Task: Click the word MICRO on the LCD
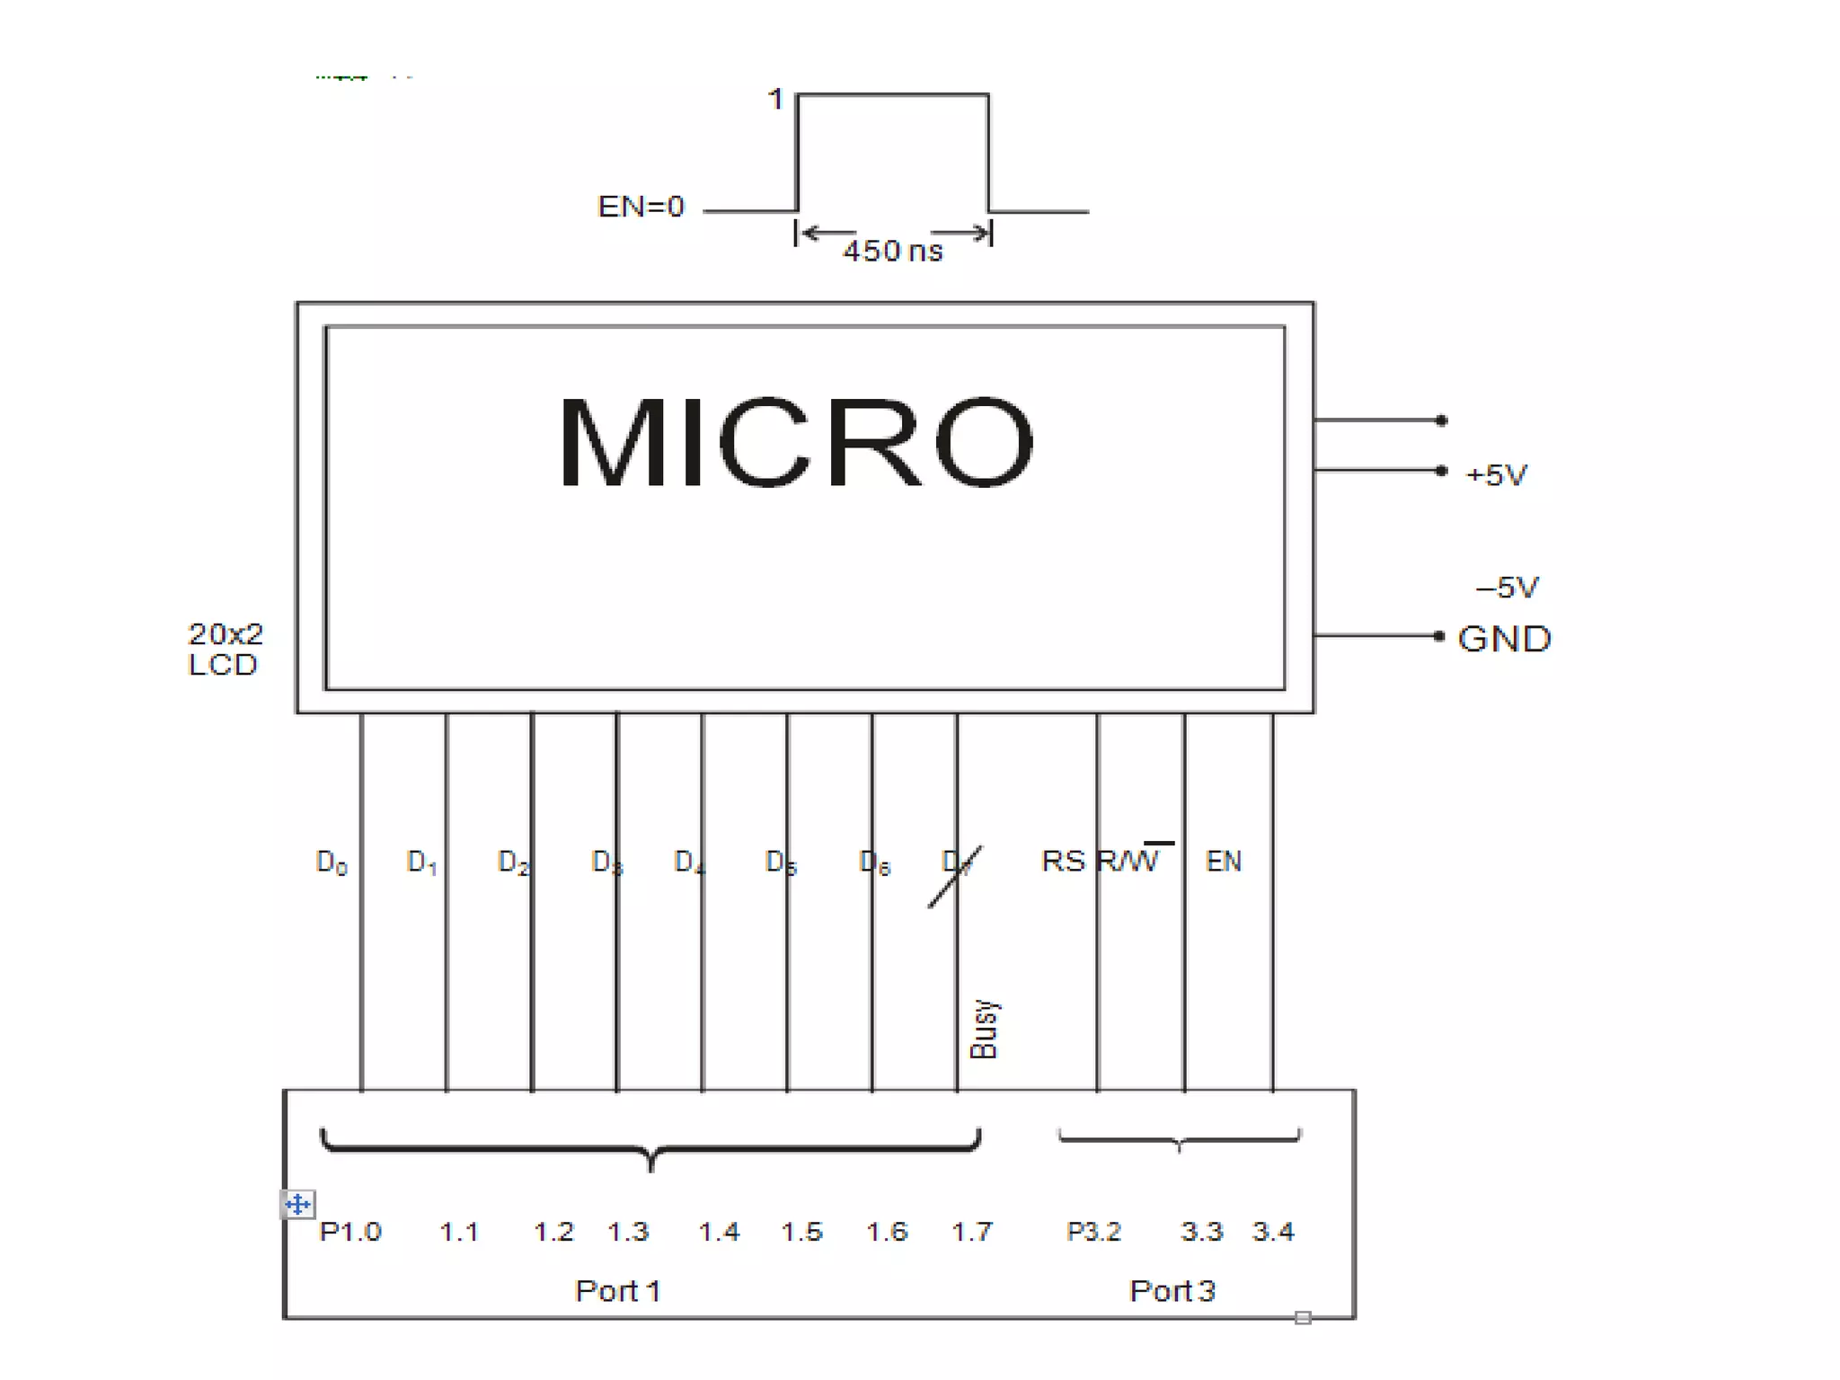(796, 443)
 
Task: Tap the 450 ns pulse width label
(892, 251)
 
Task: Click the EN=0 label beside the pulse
(641, 207)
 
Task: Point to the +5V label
(1496, 474)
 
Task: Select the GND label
(1504, 639)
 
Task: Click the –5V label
(1507, 588)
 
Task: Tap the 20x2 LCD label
(225, 649)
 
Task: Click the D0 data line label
(332, 862)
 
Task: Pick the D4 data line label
(689, 862)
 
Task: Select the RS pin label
(1063, 861)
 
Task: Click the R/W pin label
(1129, 861)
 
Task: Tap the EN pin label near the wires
(1223, 862)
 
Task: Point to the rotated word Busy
(985, 1029)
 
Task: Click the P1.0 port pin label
(350, 1231)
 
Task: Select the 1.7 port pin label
(971, 1231)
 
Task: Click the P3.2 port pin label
(1093, 1231)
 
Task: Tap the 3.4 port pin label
(1272, 1231)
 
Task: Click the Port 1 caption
(618, 1291)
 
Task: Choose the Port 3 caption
(1172, 1291)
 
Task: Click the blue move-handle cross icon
(298, 1204)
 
